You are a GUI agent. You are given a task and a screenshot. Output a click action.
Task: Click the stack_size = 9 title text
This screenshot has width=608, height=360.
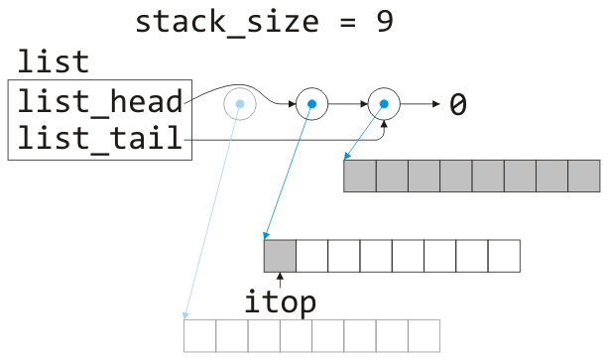[264, 22]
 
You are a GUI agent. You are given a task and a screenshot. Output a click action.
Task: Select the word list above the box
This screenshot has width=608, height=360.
[53, 62]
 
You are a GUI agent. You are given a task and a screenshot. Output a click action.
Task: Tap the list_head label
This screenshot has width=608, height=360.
[99, 101]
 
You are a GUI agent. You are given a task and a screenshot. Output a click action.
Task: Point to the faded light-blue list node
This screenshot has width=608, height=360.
[239, 103]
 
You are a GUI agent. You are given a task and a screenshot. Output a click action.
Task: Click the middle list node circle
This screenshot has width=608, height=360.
[311, 103]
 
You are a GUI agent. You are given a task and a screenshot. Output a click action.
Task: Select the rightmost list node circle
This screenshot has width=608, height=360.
[383, 103]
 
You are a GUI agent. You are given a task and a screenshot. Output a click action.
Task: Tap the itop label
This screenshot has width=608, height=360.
[280, 302]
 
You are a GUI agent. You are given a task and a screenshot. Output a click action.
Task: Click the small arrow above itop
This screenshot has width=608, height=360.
[280, 280]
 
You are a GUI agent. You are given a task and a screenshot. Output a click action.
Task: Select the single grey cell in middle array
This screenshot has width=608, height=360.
[280, 256]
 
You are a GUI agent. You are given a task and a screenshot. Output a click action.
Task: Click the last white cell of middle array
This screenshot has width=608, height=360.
[503, 256]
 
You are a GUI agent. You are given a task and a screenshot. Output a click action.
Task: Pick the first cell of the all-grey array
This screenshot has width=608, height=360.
[360, 176]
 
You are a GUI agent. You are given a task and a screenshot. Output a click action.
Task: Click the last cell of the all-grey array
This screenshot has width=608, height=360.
[584, 176]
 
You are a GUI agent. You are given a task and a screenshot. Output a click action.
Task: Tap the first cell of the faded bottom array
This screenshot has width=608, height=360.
[200, 335]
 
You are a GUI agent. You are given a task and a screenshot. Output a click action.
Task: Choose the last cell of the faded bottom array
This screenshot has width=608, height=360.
[424, 335]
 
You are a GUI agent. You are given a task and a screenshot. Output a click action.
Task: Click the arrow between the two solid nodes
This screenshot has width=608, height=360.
[347, 103]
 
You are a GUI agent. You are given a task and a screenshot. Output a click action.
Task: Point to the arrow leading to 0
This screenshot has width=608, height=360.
[419, 103]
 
